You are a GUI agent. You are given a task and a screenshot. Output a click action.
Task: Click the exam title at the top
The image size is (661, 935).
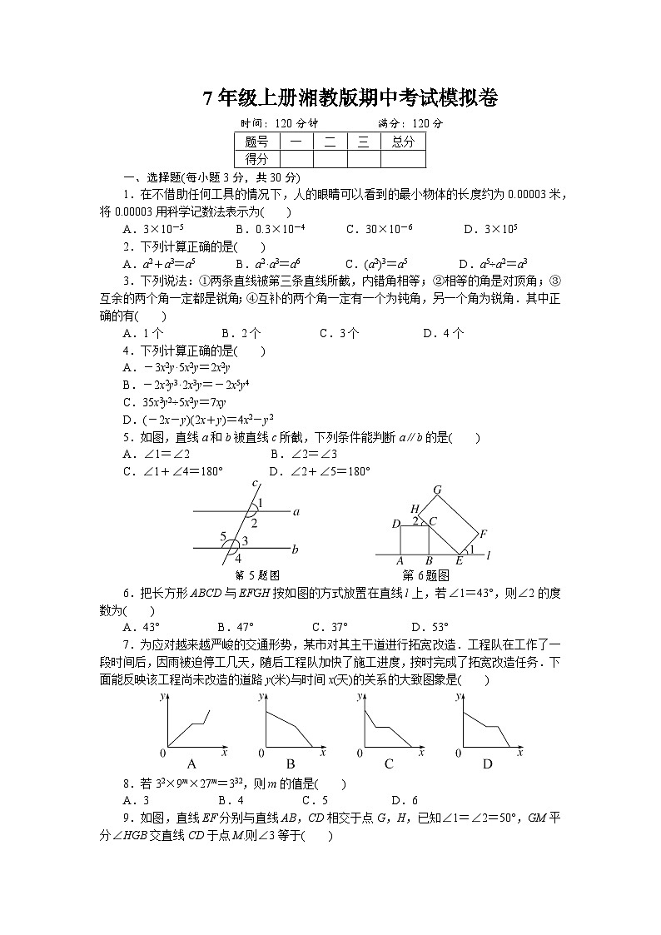point(350,99)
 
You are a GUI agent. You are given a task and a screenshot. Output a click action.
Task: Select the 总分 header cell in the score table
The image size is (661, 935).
point(403,142)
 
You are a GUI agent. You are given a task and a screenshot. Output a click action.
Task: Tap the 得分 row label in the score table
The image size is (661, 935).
point(256,159)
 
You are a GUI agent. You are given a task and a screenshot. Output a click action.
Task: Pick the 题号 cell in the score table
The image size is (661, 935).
point(256,142)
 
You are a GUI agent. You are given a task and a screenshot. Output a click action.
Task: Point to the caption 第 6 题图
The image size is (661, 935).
point(425,575)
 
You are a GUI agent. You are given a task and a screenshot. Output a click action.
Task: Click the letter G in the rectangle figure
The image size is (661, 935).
point(437,490)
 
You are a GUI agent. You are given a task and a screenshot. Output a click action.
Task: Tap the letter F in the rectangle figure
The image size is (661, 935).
point(483,534)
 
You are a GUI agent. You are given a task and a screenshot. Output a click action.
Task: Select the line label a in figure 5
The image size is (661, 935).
point(296,514)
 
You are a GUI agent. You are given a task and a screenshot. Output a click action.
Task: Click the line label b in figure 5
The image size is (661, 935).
point(296,550)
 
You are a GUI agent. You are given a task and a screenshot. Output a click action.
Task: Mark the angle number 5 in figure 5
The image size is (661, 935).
point(223,537)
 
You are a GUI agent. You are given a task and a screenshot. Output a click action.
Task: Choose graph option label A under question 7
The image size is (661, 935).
point(191,763)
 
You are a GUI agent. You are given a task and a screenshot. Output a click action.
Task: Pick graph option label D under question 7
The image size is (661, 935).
point(488,763)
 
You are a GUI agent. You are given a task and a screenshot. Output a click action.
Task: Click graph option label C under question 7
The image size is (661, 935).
point(389,763)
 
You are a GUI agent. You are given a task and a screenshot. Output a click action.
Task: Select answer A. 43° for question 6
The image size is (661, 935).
point(142,627)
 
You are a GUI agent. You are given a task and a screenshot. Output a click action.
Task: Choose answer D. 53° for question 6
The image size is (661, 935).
point(430,627)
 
